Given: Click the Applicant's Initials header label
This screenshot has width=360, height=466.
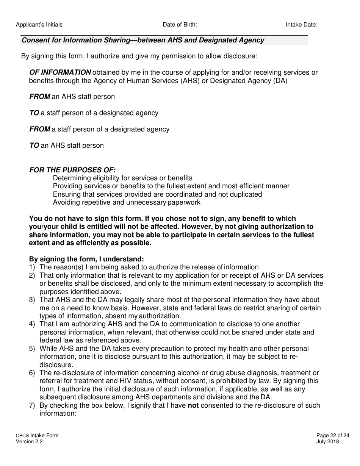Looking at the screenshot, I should (x=39, y=25).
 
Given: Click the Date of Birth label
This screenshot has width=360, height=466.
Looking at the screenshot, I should (x=180, y=25).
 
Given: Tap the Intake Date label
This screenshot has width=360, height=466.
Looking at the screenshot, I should (x=301, y=25).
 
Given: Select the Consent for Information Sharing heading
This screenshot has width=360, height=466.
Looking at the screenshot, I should (x=143, y=40).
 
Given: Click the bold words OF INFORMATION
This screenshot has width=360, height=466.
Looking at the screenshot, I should (x=60, y=72).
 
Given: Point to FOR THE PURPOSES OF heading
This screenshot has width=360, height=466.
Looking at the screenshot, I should (x=72, y=170).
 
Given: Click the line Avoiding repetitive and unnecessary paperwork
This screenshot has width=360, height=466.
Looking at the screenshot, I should (x=127, y=202).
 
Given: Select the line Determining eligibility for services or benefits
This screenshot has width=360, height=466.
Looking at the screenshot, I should (x=122, y=178).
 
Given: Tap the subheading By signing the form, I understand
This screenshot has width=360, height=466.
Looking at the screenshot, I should (x=86, y=259).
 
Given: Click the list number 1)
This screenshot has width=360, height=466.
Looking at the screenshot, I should (x=32, y=267).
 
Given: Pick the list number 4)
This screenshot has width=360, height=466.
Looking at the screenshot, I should (x=32, y=324).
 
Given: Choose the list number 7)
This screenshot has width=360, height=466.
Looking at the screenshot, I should (x=32, y=405).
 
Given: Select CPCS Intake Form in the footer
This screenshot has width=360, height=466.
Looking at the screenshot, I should (x=37, y=436).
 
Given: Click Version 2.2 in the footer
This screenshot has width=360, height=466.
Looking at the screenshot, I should (x=29, y=442).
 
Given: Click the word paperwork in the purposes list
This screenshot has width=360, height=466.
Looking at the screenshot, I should (x=184, y=202).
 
